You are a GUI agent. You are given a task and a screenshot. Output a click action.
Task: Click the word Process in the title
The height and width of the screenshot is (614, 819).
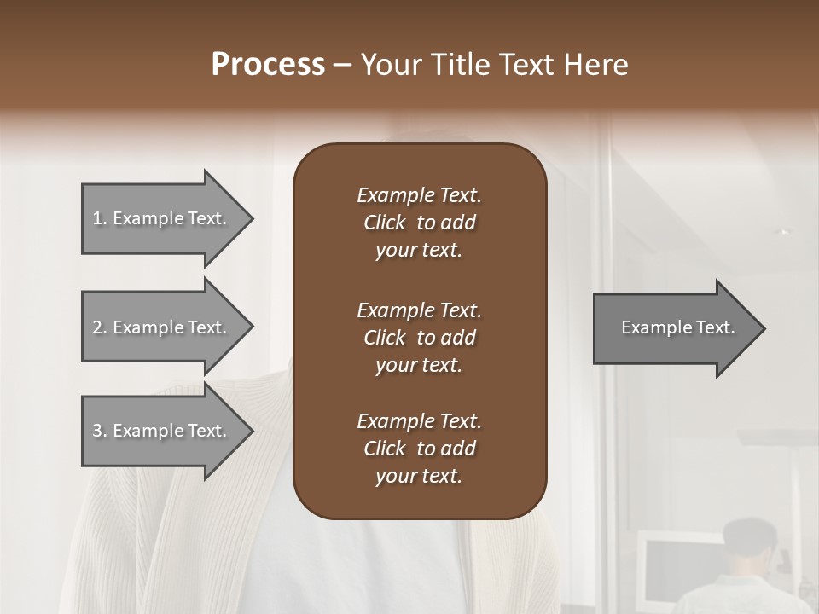(268, 65)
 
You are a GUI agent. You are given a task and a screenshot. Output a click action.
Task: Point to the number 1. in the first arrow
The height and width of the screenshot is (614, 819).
(99, 218)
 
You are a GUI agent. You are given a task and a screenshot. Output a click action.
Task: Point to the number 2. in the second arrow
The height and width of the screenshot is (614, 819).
(99, 327)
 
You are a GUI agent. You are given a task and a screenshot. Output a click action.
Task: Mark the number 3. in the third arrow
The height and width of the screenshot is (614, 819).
(99, 431)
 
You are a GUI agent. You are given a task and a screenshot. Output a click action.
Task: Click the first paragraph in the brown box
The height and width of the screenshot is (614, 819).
(419, 223)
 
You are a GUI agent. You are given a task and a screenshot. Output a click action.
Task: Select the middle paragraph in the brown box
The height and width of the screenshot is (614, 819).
(419, 338)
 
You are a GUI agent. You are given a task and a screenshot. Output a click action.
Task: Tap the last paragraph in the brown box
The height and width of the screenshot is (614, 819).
(419, 449)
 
